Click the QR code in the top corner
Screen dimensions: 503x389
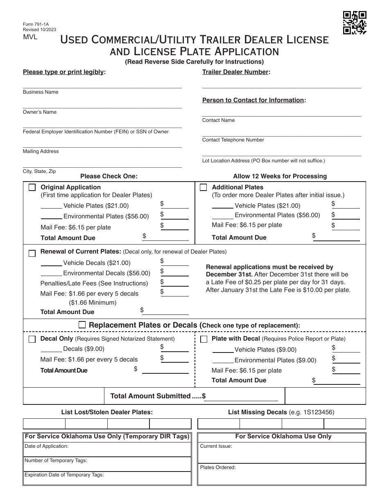pos(355,22)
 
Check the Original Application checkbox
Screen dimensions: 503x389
pos(32,188)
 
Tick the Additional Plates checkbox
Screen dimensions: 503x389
pos(203,188)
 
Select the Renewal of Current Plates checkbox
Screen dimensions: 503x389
pos(32,254)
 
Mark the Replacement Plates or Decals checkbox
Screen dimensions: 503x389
pos(82,325)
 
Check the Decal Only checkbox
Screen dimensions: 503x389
pos(32,339)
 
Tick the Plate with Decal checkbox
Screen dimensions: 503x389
pos(204,339)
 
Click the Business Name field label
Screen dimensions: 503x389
pos(41,92)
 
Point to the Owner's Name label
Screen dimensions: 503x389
pos(40,112)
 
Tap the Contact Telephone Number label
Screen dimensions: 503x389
pos(233,140)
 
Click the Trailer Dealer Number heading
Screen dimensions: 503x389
pos(236,72)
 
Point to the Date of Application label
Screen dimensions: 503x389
pos(47,446)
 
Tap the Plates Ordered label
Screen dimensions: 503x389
pos(218,467)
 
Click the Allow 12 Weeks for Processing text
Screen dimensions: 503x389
pos(280,176)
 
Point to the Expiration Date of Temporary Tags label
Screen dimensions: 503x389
pos(64,475)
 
